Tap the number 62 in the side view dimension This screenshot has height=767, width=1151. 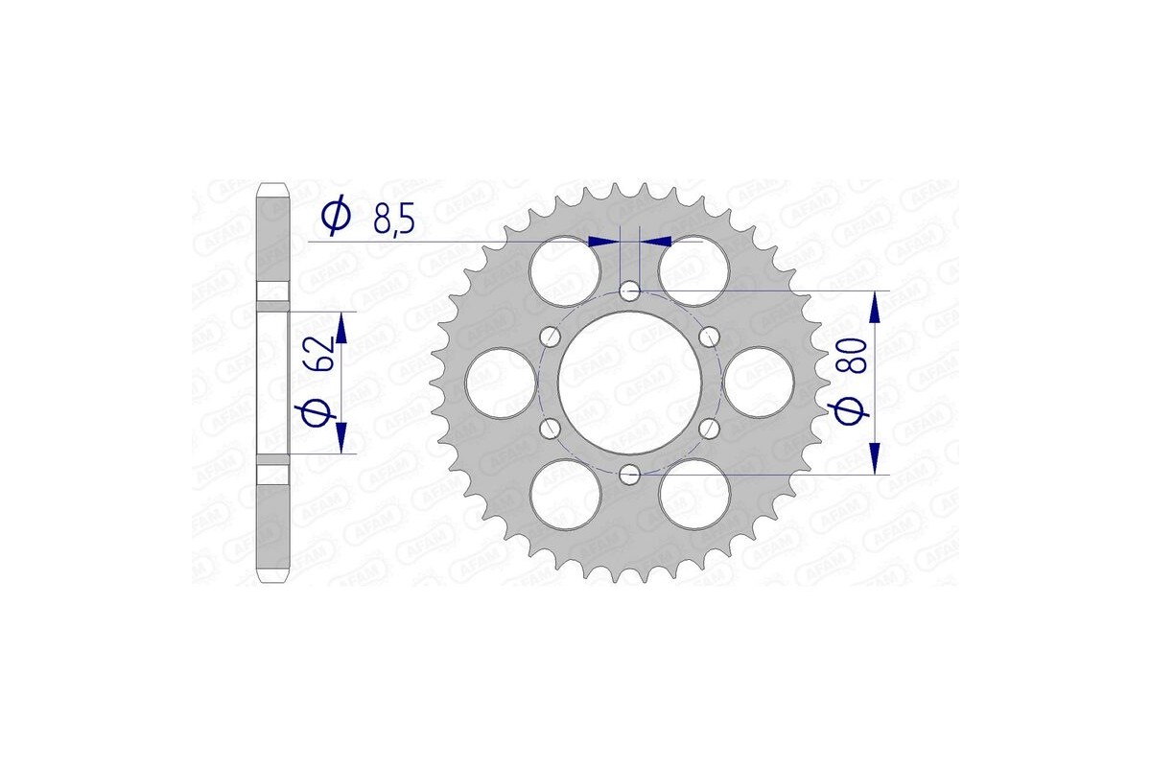[322, 355]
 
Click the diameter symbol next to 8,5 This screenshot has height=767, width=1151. [336, 218]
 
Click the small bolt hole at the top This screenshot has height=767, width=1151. [629, 290]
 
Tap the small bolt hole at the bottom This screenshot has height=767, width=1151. [629, 474]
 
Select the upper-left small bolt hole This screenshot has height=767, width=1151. [550, 336]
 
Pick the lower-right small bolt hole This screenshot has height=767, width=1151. [709, 428]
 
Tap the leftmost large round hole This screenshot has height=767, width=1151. [500, 382]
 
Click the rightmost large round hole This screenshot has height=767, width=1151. [759, 382]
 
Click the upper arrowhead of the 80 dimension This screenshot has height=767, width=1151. [875, 307]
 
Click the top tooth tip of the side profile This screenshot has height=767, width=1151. [273, 184]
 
